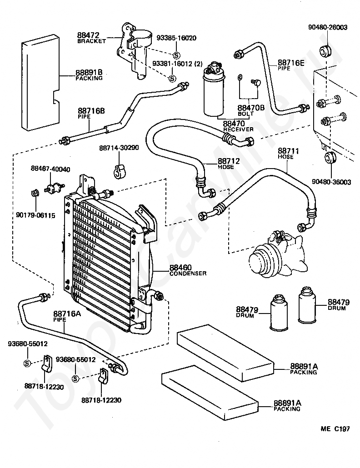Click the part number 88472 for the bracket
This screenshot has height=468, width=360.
(x=88, y=35)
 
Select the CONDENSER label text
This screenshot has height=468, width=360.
(x=188, y=273)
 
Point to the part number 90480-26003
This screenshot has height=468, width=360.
(x=328, y=27)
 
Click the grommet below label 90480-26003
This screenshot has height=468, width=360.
(x=325, y=51)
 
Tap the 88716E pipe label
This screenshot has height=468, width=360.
(x=291, y=65)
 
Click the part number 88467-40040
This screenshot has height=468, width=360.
(x=50, y=169)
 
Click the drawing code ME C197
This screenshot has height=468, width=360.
(x=335, y=428)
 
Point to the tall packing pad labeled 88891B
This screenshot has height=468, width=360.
(x=41, y=83)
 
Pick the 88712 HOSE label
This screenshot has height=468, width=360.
(x=228, y=163)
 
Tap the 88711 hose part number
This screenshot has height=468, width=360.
(x=288, y=151)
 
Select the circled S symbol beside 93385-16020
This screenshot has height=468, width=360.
(x=176, y=55)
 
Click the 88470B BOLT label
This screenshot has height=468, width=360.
(x=251, y=110)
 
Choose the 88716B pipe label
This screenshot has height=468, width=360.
(x=91, y=113)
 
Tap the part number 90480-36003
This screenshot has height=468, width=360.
(x=331, y=182)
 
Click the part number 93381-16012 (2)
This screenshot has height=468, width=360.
(x=177, y=64)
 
